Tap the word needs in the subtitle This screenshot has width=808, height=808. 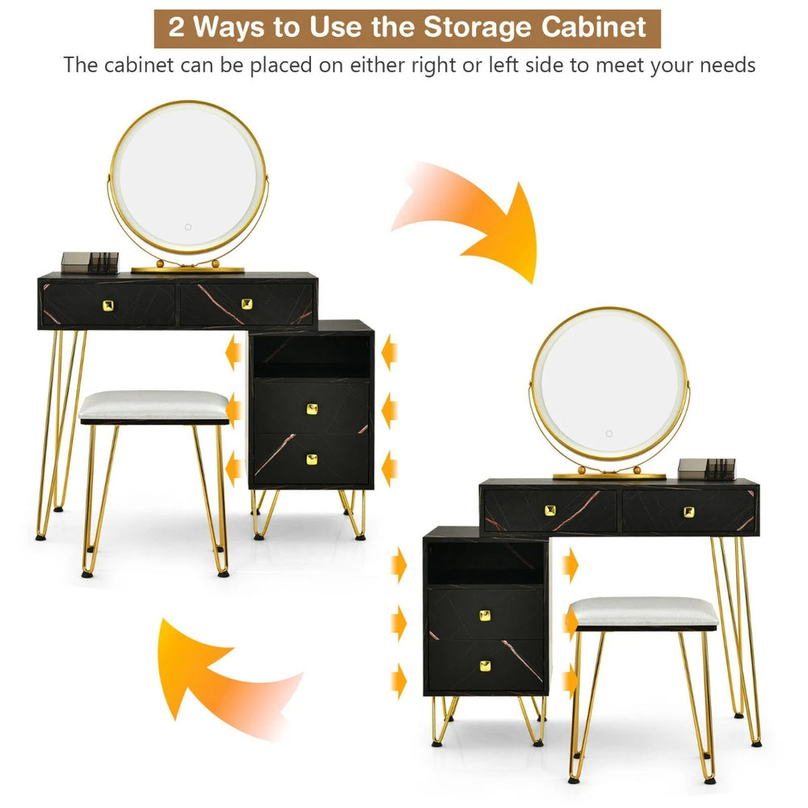(727, 65)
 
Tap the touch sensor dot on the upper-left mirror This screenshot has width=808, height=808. (188, 227)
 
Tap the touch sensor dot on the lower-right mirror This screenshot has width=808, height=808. (609, 433)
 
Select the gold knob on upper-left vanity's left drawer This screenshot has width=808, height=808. (108, 305)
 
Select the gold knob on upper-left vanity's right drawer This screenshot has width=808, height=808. (246, 304)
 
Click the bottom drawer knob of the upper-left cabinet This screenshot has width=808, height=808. (312, 460)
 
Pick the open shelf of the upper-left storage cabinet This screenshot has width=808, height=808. (312, 356)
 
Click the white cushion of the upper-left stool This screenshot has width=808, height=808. (154, 405)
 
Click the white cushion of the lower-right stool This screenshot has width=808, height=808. (644, 612)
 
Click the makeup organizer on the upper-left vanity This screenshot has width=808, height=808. (90, 263)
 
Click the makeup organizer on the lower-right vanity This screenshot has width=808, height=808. (706, 469)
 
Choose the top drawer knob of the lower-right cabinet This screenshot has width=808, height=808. (485, 615)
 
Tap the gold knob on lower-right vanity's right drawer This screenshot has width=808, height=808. (689, 511)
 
